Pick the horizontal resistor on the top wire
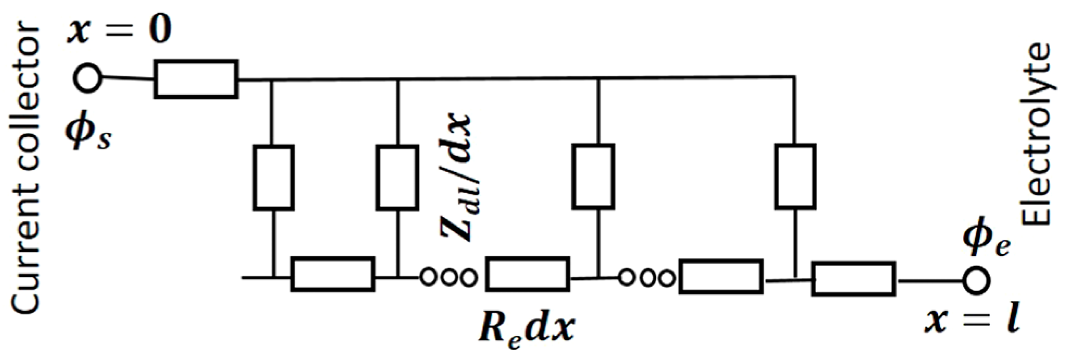pyautogui.click(x=196, y=79)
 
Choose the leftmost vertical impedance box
pyautogui.click(x=274, y=177)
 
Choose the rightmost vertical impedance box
pyautogui.click(x=795, y=176)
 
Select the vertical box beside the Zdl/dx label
pyautogui.click(x=397, y=177)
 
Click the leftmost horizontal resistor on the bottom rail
pyautogui.click(x=333, y=274)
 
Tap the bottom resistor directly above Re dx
pyautogui.click(x=527, y=274)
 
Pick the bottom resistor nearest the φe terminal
pyautogui.click(x=853, y=279)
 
